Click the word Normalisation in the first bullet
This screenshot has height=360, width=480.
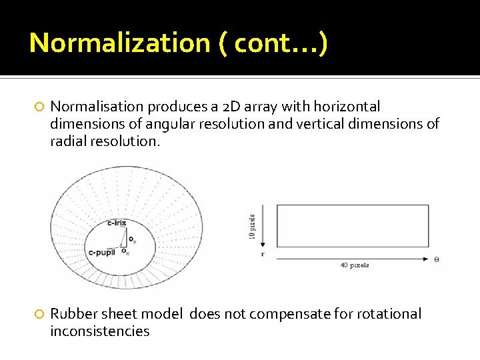[97, 107]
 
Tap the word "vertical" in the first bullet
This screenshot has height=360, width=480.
[332, 124]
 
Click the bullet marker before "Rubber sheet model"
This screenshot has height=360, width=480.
[39, 314]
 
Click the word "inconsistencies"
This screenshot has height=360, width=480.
[100, 331]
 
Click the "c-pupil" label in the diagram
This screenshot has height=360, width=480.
[102, 253]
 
